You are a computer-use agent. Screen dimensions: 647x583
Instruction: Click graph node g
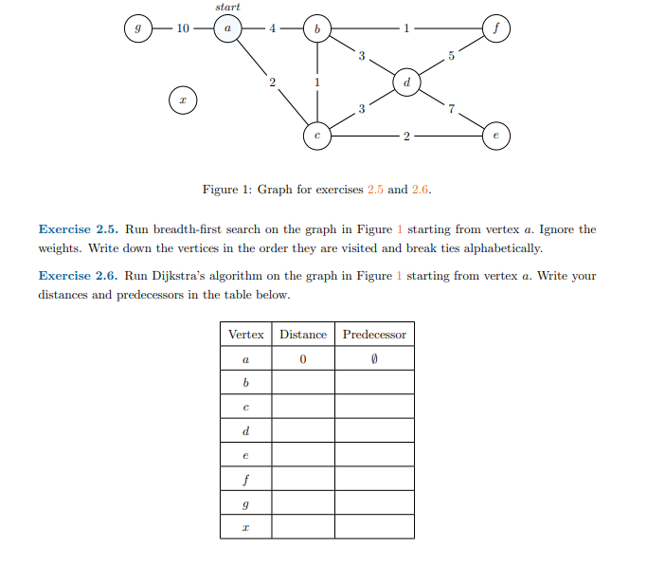138,29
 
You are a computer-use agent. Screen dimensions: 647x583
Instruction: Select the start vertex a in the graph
227,29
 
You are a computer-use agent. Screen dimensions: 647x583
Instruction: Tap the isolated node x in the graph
183,99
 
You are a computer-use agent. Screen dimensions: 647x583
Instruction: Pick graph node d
406,83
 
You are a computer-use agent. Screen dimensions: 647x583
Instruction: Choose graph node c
317,137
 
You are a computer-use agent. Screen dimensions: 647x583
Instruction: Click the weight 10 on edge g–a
183,29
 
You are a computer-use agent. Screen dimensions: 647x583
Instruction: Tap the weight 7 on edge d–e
452,110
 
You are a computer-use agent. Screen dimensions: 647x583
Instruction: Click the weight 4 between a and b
272,29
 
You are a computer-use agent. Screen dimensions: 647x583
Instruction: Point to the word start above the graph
227,7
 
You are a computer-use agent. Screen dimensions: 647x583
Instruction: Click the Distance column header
303,335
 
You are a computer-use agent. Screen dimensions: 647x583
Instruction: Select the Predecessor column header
374,335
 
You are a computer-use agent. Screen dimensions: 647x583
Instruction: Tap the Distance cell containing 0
303,359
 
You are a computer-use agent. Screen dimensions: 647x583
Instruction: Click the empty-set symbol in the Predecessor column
374,359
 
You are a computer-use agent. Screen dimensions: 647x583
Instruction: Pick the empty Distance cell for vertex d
303,431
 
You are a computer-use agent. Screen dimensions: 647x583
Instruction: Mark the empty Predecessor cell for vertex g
374,503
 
